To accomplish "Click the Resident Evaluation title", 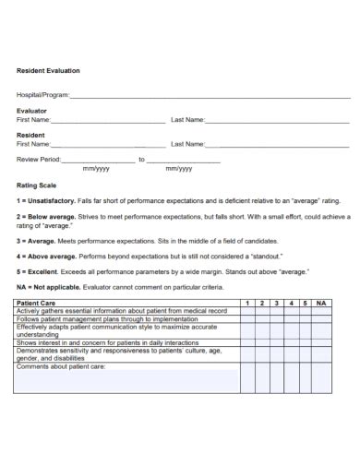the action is (x=48, y=70).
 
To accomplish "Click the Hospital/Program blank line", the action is (x=210, y=95).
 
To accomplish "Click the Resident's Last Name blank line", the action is (x=277, y=144).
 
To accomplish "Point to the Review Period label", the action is (x=38, y=160).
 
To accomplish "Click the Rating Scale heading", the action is (x=37, y=185).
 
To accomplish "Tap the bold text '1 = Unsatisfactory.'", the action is (x=46, y=200).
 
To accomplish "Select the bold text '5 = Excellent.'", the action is (x=40, y=272).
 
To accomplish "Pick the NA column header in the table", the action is (x=320, y=303).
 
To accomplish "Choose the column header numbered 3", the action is (x=277, y=303).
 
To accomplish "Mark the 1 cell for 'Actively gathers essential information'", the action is (x=247, y=311).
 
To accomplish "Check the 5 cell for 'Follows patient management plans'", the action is (x=305, y=318).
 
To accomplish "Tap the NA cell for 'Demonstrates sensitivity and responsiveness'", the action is (x=320, y=354).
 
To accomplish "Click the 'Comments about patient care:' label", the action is (x=61, y=366).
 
